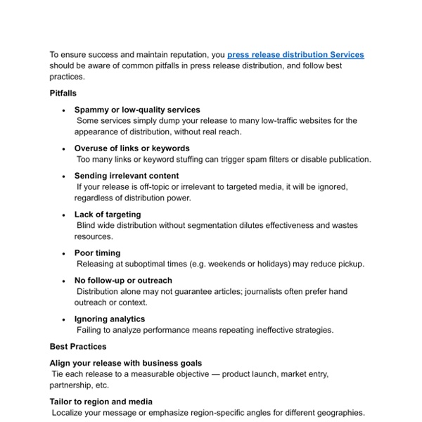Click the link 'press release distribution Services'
295,54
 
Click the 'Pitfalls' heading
63,93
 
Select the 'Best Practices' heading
78,347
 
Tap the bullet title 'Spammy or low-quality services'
137,110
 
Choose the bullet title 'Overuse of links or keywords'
132,148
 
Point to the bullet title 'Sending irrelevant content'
127,176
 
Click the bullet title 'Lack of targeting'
108,215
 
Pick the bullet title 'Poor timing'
98,253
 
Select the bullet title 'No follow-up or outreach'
122,281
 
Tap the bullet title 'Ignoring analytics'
110,319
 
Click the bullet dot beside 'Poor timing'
64,253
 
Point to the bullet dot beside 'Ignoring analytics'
64,319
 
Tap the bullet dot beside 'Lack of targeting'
64,215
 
